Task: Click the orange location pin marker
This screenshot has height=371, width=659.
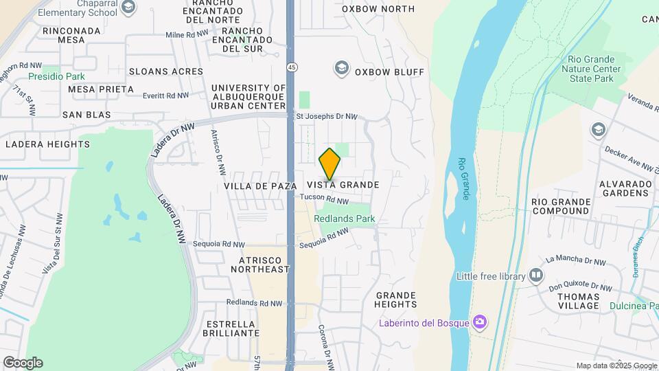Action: tap(330, 164)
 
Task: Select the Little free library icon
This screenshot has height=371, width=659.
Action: tap(536, 276)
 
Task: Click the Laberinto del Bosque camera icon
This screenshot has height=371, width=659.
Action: tap(480, 322)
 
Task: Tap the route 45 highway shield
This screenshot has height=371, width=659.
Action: tap(292, 67)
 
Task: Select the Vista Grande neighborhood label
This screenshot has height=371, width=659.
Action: tap(343, 185)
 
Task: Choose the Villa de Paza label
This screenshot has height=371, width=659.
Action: tap(260, 186)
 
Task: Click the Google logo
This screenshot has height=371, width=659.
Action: tap(23, 363)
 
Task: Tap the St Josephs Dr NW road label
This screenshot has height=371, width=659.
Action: tap(327, 117)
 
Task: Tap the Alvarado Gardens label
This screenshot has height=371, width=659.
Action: tap(624, 188)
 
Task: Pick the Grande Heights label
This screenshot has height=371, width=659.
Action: tap(396, 300)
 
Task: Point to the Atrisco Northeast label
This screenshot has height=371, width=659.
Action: tap(264, 265)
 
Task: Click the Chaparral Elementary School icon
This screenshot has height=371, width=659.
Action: tap(128, 8)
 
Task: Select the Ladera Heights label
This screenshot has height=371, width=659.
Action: tap(47, 144)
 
